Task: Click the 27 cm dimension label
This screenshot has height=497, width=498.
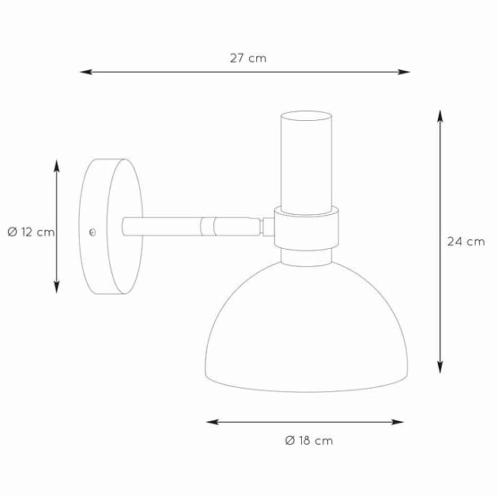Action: tap(248, 58)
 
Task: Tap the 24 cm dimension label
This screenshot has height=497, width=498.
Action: tap(466, 242)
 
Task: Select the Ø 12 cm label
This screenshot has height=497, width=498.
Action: tap(31, 232)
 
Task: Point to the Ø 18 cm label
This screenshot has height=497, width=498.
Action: tap(309, 441)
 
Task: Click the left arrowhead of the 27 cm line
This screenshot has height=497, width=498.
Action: tap(85, 72)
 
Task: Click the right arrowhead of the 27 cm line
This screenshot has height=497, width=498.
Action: tap(404, 72)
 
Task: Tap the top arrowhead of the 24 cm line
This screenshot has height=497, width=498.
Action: tap(440, 116)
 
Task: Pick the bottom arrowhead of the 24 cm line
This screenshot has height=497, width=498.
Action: tap(440, 367)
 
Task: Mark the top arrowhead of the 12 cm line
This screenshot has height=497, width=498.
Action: tap(57, 166)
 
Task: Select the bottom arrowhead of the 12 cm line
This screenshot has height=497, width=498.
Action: tap(57, 287)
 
